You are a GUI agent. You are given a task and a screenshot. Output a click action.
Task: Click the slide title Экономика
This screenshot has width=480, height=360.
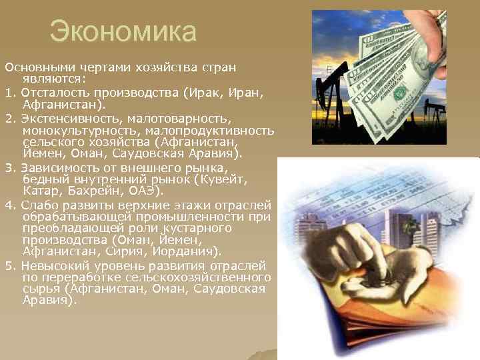123,31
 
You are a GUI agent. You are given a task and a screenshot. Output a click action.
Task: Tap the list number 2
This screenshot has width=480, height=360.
9,118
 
